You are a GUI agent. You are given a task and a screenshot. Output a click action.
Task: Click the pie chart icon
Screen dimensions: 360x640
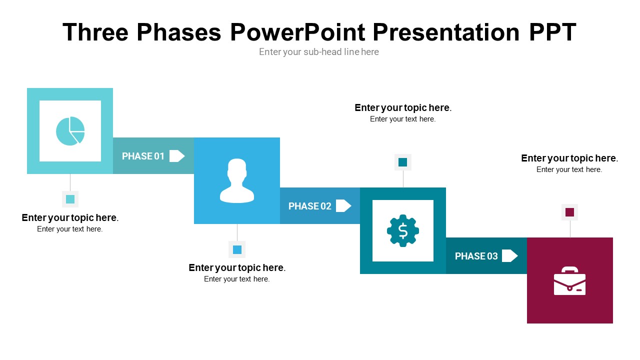[x=70, y=131]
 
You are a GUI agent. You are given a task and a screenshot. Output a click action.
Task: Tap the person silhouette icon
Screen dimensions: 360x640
[x=237, y=180]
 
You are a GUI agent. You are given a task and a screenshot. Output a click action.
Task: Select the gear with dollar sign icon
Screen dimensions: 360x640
[x=403, y=230]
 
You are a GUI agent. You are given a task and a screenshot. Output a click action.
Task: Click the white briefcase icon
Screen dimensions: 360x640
[x=569, y=281]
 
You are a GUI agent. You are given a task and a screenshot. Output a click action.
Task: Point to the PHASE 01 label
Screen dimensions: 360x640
[x=143, y=156]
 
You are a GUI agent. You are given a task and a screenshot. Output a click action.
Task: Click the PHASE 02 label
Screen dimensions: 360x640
[x=309, y=206]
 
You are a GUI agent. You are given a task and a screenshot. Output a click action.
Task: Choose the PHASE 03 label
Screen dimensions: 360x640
[x=476, y=256]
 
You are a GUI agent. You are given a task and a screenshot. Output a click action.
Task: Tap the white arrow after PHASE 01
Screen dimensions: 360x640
[x=177, y=156]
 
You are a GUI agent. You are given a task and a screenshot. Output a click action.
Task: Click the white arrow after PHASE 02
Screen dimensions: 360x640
[x=343, y=206]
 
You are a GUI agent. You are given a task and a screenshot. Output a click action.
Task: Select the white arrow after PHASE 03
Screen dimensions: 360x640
[x=509, y=256]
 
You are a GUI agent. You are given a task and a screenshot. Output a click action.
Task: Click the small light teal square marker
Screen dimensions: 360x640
[x=70, y=199]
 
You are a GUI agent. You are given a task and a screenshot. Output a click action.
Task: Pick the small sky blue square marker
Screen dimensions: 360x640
[x=237, y=249]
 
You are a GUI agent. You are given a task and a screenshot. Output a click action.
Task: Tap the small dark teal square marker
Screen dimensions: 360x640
[x=403, y=162]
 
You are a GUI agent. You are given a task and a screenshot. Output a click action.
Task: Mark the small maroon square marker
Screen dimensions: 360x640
[x=569, y=212]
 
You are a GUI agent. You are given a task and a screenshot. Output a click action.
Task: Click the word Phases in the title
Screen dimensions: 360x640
[x=178, y=32]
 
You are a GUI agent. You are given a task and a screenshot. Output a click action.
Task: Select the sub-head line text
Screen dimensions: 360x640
[x=319, y=52]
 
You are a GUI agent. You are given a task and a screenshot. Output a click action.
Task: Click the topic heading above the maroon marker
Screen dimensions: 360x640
[x=569, y=158]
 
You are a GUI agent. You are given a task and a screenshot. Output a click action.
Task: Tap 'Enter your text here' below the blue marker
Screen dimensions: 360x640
[x=237, y=279]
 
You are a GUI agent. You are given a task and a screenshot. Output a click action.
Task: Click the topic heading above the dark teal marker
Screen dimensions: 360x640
[x=403, y=107]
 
